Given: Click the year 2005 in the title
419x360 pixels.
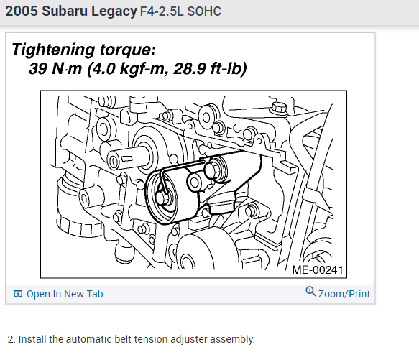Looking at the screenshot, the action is (22, 11).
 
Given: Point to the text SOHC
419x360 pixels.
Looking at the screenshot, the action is (204, 11).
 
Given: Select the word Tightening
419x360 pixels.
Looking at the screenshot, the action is (53, 50).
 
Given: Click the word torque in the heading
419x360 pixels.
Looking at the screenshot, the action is (128, 50).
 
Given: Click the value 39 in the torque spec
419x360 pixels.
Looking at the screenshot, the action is (38, 68).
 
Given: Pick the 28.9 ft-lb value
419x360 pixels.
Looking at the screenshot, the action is (210, 69).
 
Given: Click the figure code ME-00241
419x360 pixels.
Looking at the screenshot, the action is (318, 270).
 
